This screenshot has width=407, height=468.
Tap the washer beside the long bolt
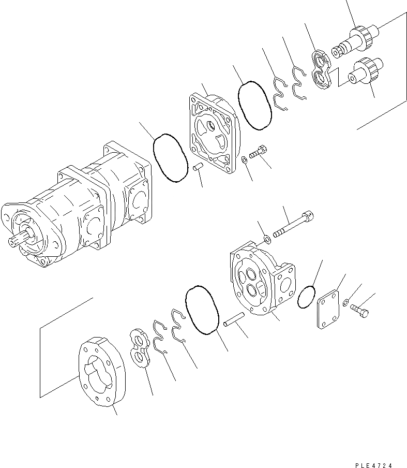point(267,239)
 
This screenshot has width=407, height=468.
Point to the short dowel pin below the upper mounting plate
point(196,169)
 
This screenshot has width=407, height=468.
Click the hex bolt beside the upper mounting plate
point(257,152)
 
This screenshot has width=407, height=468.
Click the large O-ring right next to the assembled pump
point(170,157)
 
